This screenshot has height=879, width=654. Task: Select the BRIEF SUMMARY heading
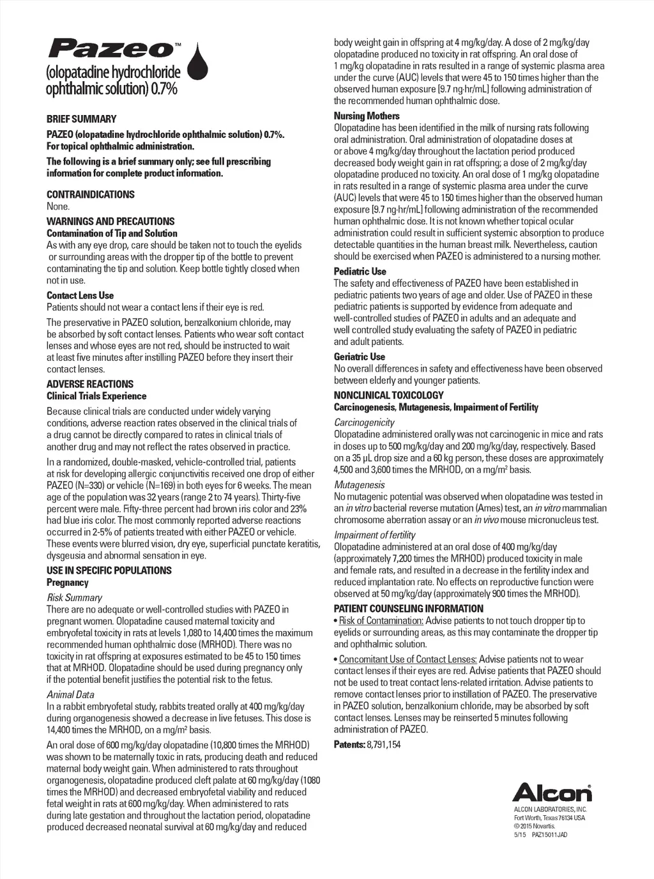tap(81, 119)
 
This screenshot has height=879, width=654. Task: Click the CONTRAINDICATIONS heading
tap(90, 194)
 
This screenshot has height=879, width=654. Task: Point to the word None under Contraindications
tap(57, 206)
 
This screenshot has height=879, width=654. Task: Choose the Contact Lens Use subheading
tap(80, 295)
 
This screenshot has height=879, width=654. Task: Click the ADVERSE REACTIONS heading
tap(89, 384)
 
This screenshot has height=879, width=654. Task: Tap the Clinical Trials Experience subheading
tap(96, 396)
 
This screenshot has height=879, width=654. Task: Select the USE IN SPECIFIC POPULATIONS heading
tap(109, 570)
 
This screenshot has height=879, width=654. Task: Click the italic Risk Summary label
tap(74, 598)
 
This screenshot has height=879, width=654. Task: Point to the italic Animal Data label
tap(70, 695)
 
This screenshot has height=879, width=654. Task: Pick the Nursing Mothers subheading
tap(367, 116)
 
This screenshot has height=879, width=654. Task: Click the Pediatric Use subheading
tap(360, 271)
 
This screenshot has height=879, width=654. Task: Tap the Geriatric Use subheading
tap(360, 357)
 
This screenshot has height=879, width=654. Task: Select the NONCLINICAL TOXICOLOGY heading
tap(388, 395)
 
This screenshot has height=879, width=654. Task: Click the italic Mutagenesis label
tap(359, 485)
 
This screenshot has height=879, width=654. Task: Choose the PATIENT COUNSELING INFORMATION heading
tap(408, 609)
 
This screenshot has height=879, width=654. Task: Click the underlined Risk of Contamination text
tap(381, 621)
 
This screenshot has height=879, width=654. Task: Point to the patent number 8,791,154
tap(384, 745)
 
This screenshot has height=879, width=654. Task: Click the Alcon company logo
tap(552, 792)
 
